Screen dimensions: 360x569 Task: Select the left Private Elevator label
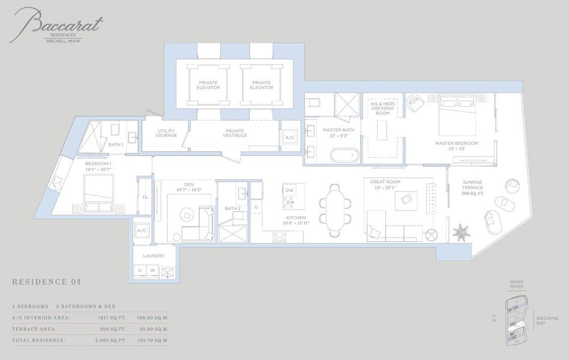208,85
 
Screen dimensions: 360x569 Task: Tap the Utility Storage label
166,133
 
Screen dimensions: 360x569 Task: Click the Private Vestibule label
235,133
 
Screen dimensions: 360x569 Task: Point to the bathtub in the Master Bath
345,155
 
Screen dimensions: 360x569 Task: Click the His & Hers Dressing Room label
382,109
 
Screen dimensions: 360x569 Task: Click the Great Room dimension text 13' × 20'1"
385,187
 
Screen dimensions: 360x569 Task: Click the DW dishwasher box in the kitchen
289,190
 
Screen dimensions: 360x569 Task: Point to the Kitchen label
296,218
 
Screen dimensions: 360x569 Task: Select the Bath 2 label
233,208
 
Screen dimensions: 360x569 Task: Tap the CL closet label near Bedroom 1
145,197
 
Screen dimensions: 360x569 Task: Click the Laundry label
154,256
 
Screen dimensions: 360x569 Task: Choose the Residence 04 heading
46,282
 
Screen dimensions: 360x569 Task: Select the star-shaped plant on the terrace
461,232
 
